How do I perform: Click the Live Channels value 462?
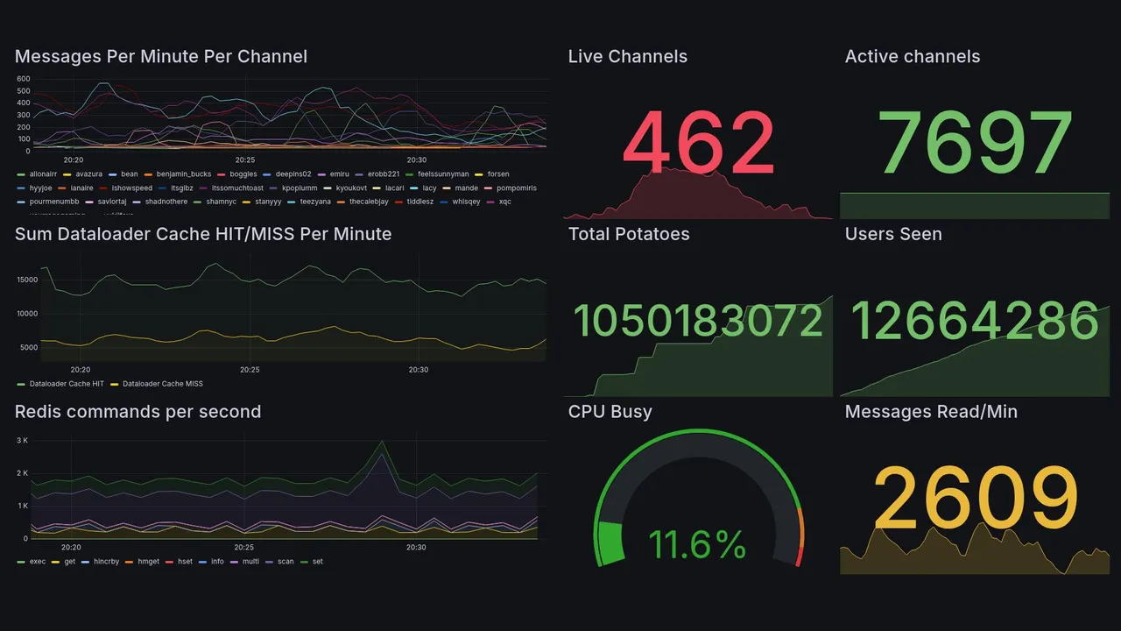click(698, 143)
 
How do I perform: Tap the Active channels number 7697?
click(976, 143)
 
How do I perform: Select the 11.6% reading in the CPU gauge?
click(697, 545)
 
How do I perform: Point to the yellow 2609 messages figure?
click(976, 498)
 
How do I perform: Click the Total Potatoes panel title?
click(628, 234)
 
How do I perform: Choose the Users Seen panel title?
click(892, 234)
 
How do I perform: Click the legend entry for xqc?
click(504, 202)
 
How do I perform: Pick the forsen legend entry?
click(497, 174)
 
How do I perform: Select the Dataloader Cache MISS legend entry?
click(162, 384)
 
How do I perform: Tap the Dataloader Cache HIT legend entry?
click(67, 384)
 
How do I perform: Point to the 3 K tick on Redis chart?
click(23, 440)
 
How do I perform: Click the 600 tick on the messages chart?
click(23, 79)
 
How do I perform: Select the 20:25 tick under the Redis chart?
click(245, 548)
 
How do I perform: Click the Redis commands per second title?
click(137, 412)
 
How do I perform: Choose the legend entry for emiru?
click(339, 174)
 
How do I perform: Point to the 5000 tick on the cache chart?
click(28, 347)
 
